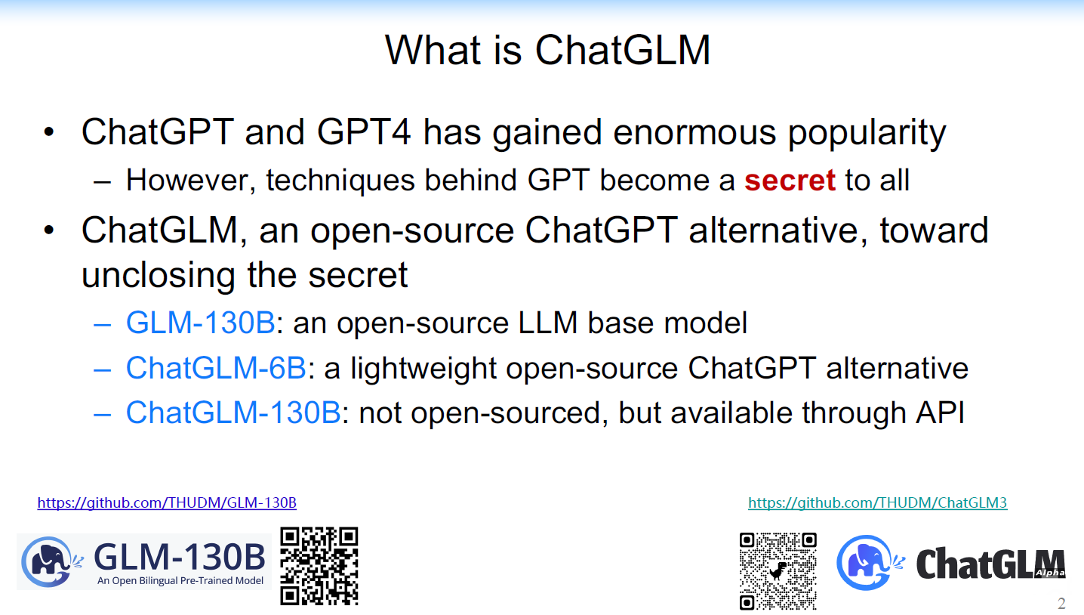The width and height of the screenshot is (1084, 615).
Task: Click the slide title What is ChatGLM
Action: click(547, 50)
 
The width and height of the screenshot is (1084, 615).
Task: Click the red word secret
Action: click(790, 180)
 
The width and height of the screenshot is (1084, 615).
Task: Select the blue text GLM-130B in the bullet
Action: click(200, 323)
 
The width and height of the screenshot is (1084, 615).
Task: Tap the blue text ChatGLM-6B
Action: click(216, 368)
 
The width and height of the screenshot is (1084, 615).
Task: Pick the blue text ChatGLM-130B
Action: click(233, 413)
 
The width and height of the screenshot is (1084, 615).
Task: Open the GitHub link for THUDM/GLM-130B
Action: click(167, 502)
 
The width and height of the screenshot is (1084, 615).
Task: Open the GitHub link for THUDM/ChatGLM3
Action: click(877, 502)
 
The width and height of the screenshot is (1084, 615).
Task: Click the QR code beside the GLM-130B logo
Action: click(319, 566)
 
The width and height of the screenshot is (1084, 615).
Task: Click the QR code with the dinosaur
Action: click(778, 570)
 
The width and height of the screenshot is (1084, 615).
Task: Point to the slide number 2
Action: click(1061, 603)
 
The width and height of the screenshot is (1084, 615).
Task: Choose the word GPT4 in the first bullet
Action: click(363, 133)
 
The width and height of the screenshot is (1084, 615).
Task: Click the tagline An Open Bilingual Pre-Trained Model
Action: click(180, 581)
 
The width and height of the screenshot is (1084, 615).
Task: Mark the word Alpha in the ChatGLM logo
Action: click(1051, 573)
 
